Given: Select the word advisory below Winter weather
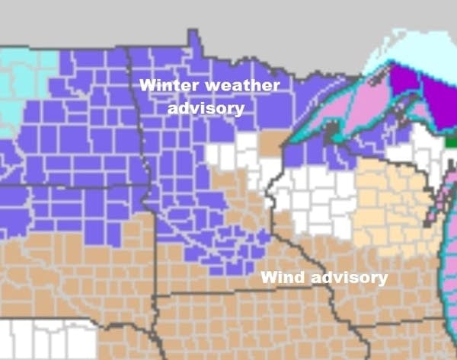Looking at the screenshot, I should pos(206,108).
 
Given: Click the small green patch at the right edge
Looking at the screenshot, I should pos(452,140).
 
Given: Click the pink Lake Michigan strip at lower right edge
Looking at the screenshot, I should pos(449,266).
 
